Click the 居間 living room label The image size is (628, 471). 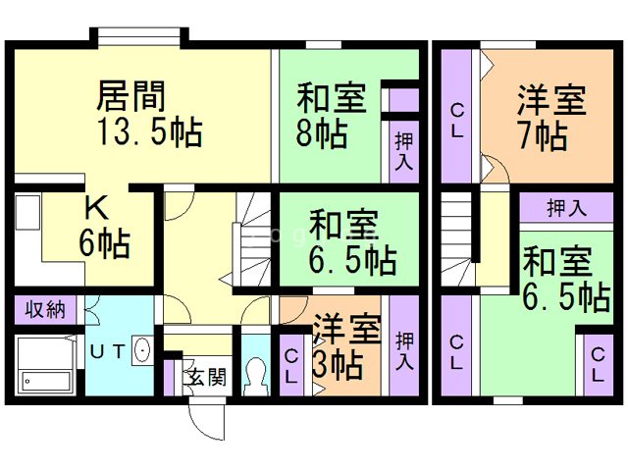(130, 96)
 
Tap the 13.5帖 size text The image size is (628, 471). (149, 131)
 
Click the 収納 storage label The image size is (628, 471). (45, 310)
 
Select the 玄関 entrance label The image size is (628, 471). (205, 375)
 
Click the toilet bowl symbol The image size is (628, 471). (257, 374)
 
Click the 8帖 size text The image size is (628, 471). (322, 132)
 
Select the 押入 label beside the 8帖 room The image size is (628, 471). (403, 152)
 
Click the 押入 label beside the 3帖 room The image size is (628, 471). (403, 350)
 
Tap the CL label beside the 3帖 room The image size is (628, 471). (292, 366)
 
